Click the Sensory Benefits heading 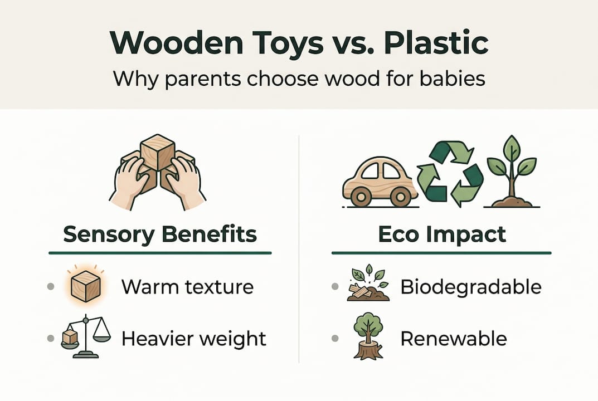[160, 234]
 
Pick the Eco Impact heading [441, 234]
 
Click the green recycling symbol [451, 172]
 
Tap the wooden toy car [380, 177]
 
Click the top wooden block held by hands [158, 151]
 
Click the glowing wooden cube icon [85, 286]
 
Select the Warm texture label [187, 287]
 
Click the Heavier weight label [193, 338]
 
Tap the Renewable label [454, 338]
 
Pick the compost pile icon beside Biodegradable [367, 286]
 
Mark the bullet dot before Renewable [334, 338]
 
